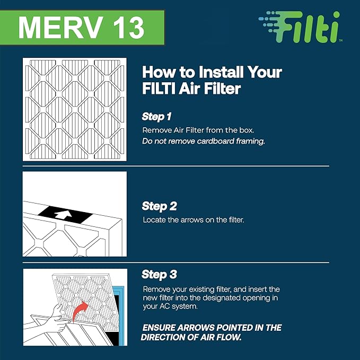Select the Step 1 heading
point(156,116)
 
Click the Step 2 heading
point(159,206)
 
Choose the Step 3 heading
point(159,275)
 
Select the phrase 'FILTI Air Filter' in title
point(191,89)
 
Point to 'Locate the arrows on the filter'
point(193,219)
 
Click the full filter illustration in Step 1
point(75,110)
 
